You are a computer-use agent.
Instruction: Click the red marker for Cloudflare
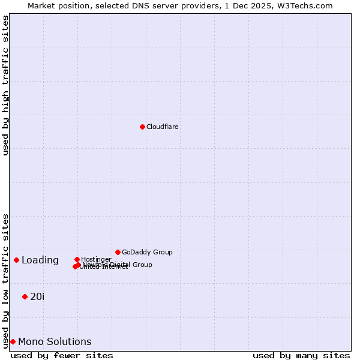click(x=142, y=127)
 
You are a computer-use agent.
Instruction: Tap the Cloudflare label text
click(x=163, y=127)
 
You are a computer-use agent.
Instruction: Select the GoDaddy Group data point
click(x=118, y=252)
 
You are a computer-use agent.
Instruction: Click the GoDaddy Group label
click(x=147, y=252)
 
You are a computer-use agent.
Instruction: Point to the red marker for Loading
click(x=16, y=260)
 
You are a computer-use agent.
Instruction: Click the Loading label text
click(x=40, y=260)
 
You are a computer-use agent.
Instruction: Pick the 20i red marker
click(x=25, y=296)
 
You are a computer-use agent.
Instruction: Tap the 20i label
click(x=37, y=296)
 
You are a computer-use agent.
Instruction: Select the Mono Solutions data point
click(x=13, y=341)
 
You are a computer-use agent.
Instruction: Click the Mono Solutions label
click(x=55, y=342)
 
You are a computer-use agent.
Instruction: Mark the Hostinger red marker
click(x=77, y=259)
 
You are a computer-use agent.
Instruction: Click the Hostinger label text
click(x=96, y=259)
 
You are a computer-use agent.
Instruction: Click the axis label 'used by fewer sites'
click(x=62, y=355)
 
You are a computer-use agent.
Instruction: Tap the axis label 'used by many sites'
click(x=301, y=355)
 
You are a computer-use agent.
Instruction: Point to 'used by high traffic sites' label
click(x=6, y=85)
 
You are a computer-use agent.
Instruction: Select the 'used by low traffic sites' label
click(x=6, y=280)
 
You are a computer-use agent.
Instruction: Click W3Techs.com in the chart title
click(x=305, y=5)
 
